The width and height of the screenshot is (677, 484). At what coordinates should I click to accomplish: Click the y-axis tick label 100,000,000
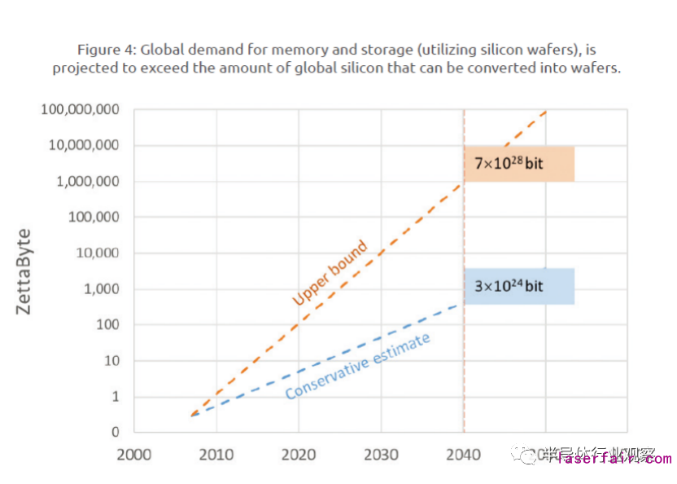[81, 110]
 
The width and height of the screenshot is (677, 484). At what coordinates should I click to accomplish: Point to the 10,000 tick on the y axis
[98, 253]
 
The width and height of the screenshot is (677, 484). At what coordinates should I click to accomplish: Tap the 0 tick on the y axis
[116, 433]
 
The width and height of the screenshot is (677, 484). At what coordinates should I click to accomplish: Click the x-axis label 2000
[134, 454]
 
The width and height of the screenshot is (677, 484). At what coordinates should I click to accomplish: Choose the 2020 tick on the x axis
[299, 454]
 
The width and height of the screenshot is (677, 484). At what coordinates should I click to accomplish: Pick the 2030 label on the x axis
[381, 454]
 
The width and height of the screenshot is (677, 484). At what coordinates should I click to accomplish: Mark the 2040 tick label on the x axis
[463, 454]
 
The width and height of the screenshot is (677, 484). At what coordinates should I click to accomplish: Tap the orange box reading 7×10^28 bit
[519, 164]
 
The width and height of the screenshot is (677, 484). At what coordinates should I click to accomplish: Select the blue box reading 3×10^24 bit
[519, 286]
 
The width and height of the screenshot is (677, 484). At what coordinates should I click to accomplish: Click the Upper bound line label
[330, 273]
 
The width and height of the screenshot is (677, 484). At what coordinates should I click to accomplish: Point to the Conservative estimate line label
[357, 366]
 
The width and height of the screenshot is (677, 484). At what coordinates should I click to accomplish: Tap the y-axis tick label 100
[107, 325]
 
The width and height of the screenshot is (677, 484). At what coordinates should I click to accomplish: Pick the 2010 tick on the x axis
[216, 454]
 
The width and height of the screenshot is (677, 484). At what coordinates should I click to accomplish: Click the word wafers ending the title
[596, 68]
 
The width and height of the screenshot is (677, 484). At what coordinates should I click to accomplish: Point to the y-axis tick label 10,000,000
[85, 146]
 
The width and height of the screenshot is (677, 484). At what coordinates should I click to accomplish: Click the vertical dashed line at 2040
[464, 359]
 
